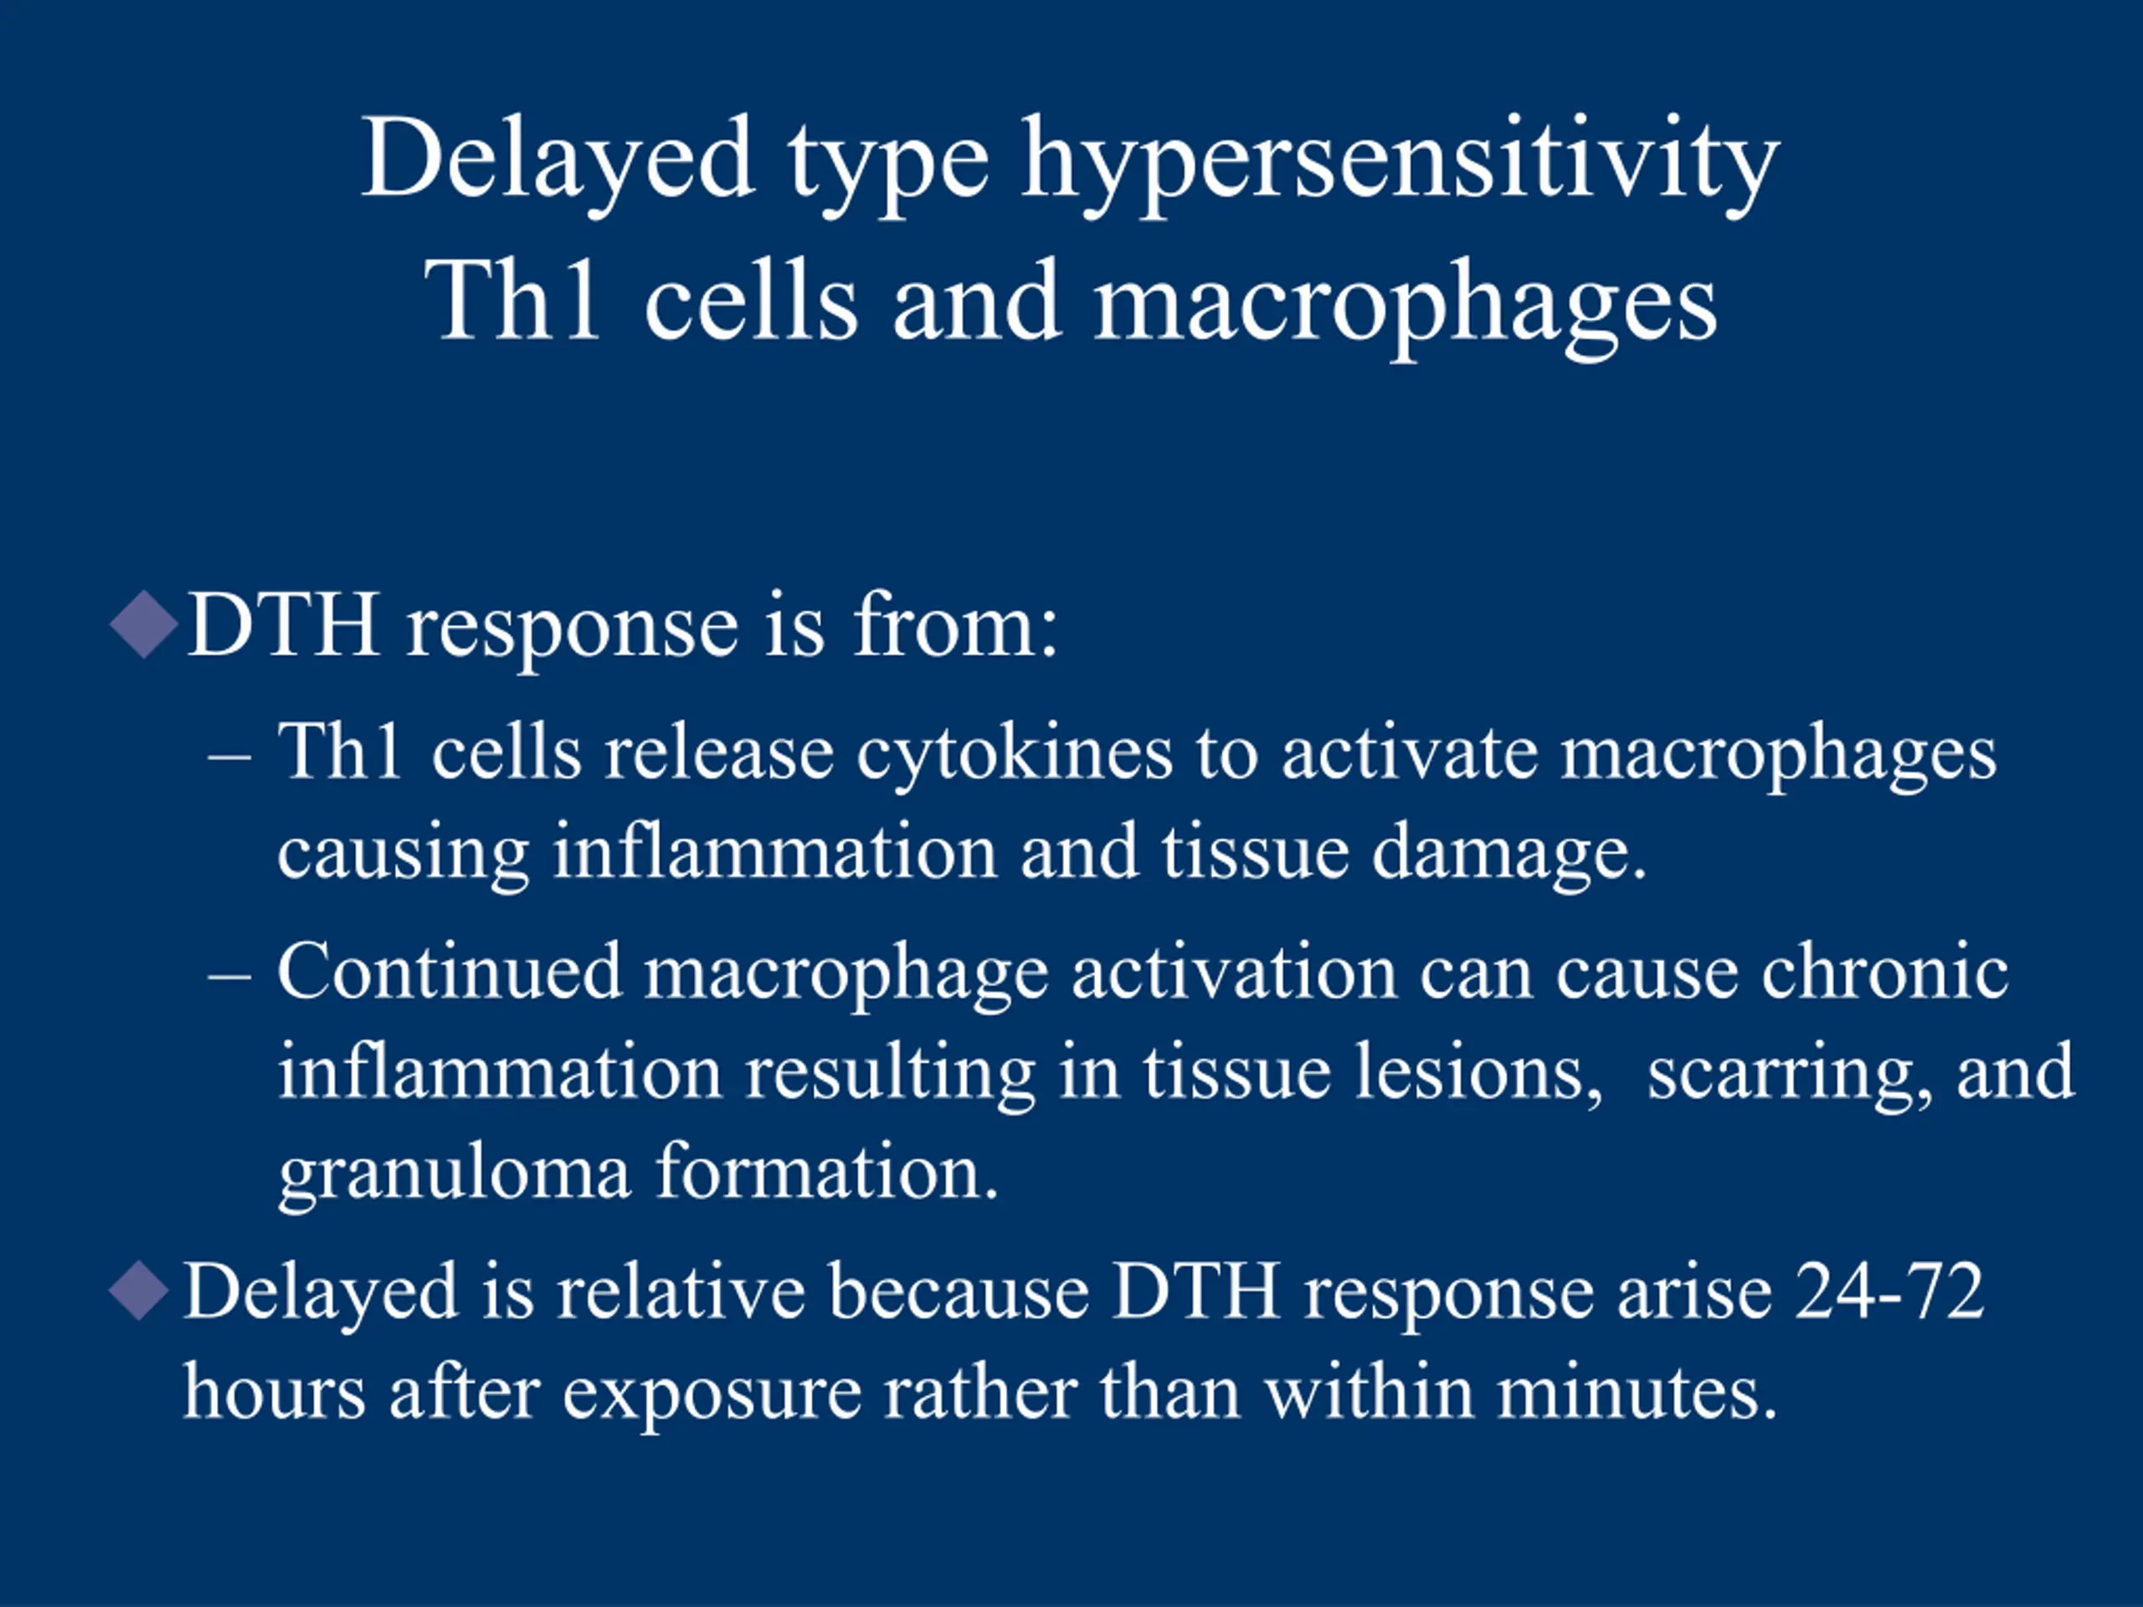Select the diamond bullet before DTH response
[x=144, y=624]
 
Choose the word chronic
[x=1884, y=972]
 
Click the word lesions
[x=1478, y=1072]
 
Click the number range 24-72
[x=1890, y=1292]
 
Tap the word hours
[x=275, y=1391]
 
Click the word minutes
[x=1638, y=1391]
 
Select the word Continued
[x=450, y=972]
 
